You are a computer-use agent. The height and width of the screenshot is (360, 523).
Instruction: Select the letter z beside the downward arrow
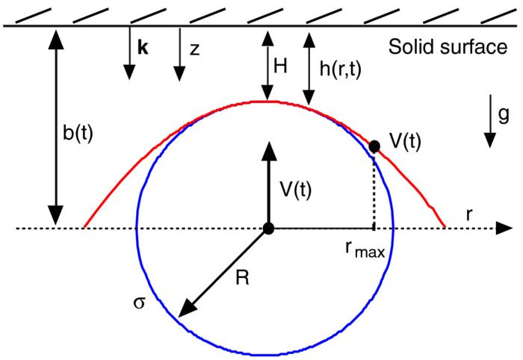point(194,50)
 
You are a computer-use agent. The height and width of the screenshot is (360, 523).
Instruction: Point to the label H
point(281,66)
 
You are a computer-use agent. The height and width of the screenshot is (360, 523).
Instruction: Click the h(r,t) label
point(344,67)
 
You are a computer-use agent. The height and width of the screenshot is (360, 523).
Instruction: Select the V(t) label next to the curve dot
point(405,141)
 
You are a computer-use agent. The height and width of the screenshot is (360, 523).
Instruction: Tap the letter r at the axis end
point(470,214)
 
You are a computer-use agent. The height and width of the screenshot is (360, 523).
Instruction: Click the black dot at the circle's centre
point(267,228)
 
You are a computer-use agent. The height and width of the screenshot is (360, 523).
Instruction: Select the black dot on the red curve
point(374,146)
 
